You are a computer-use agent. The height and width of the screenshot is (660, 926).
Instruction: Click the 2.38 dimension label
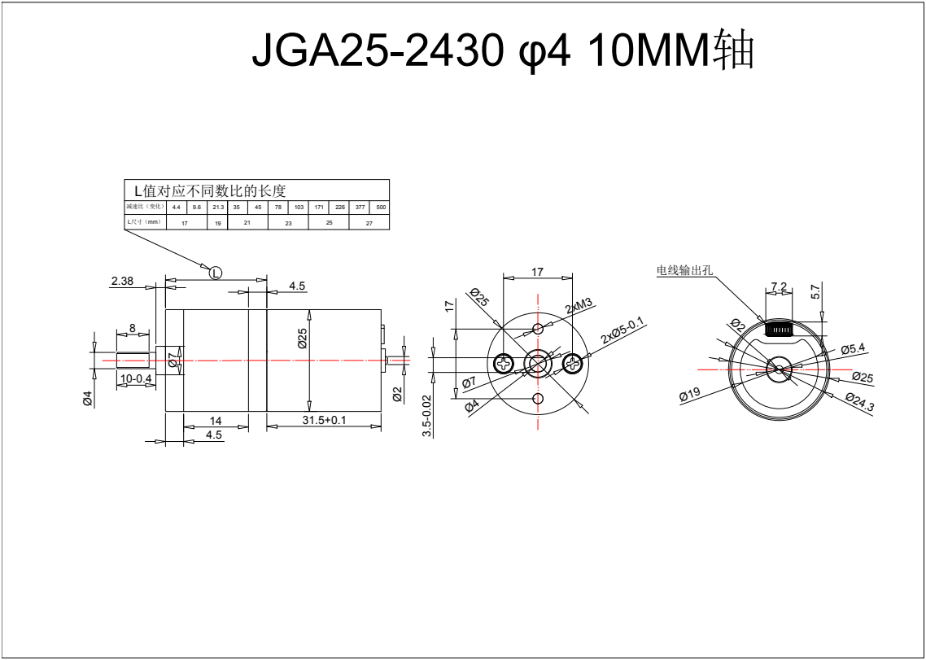tap(122, 281)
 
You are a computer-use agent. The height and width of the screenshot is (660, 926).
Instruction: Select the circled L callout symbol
tap(216, 273)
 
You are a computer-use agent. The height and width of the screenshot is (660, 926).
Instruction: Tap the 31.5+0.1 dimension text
tap(324, 420)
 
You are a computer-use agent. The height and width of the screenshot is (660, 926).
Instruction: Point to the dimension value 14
tap(216, 421)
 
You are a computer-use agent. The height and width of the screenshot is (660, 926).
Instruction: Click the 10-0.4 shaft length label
tap(136, 378)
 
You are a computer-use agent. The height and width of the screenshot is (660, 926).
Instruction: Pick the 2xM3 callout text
tap(579, 307)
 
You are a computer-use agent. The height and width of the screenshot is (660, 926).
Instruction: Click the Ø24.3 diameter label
tap(859, 400)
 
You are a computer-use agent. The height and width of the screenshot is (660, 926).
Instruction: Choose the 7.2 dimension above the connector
tap(779, 286)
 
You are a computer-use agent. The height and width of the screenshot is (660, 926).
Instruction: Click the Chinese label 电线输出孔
tap(684, 269)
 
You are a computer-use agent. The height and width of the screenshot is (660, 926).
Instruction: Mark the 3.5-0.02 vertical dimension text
tap(427, 416)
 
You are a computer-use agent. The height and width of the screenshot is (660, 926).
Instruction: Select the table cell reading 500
tap(381, 208)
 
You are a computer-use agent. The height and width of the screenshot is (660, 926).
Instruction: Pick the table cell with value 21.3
tap(217, 208)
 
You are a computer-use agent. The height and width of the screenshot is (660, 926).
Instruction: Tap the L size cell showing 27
tap(369, 222)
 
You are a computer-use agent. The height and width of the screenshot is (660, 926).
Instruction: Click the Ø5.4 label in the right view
tap(853, 348)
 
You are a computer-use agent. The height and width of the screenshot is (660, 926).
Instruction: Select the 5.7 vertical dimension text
tap(815, 291)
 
